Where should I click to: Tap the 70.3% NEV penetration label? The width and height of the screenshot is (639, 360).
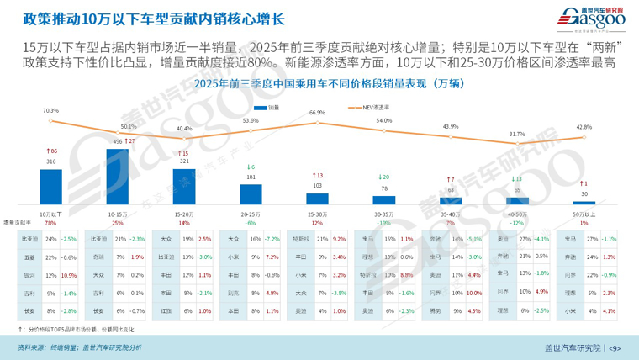(x=50, y=110)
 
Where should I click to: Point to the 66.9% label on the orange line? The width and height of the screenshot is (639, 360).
(x=317, y=112)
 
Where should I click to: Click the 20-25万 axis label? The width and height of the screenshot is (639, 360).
(x=251, y=214)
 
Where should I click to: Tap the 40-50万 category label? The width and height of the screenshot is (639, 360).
(x=516, y=214)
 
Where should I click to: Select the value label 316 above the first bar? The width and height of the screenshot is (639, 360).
(x=50, y=161)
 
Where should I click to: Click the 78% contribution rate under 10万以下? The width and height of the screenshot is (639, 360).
(x=50, y=224)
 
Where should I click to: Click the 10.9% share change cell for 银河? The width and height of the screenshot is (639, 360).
(x=69, y=275)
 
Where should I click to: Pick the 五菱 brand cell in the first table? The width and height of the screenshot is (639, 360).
(x=30, y=257)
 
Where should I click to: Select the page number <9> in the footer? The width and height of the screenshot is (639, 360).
(x=614, y=347)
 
